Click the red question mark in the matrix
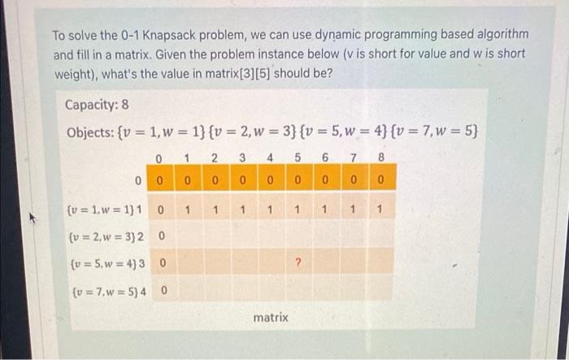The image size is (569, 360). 298,262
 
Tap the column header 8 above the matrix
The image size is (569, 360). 380,157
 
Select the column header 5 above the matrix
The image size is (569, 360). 298,157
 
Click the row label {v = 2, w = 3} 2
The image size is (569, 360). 106,236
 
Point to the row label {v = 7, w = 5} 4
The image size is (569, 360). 109,291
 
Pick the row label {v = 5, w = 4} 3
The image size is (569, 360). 107,263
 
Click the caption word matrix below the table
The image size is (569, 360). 271,318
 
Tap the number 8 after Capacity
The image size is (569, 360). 125,105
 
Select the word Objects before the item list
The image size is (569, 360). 90,132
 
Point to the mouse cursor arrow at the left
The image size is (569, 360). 33,218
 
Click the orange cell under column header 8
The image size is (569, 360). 383,177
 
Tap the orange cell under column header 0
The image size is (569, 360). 160,177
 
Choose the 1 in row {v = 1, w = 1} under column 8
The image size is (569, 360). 380,210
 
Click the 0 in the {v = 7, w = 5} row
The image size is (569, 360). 163,291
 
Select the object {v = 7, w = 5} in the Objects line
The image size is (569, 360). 434,131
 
